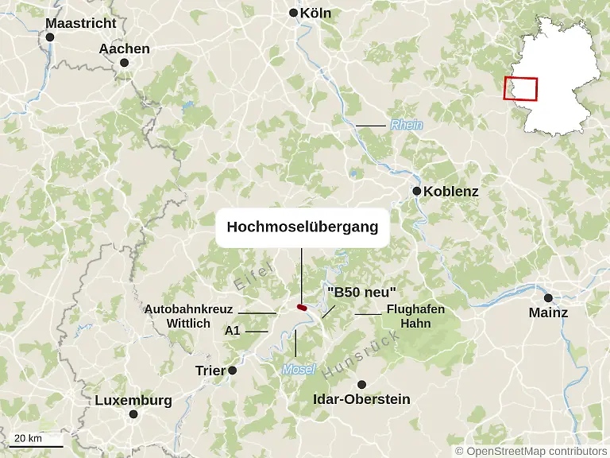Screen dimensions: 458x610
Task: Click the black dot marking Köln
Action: click(x=293, y=13)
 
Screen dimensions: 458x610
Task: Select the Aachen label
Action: click(x=124, y=49)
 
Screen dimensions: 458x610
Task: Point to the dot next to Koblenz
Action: click(x=416, y=192)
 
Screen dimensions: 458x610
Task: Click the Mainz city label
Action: click(x=548, y=312)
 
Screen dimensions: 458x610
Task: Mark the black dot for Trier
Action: click(x=233, y=371)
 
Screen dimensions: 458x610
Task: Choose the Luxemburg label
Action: click(x=133, y=400)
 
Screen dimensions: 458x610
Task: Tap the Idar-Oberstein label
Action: click(x=362, y=398)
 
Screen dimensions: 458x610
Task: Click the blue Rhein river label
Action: click(x=406, y=125)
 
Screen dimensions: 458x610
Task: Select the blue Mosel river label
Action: click(x=299, y=369)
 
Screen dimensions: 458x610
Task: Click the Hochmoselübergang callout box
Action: click(x=302, y=227)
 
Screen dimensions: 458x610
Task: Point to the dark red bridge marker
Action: click(x=302, y=306)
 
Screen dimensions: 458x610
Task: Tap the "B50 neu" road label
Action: click(x=361, y=292)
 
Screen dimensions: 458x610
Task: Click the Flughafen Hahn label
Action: click(x=415, y=316)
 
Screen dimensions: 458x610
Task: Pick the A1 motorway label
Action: click(x=233, y=330)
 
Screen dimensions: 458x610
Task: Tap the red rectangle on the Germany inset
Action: click(x=520, y=88)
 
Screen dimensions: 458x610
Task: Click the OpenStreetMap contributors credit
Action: click(x=531, y=451)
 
